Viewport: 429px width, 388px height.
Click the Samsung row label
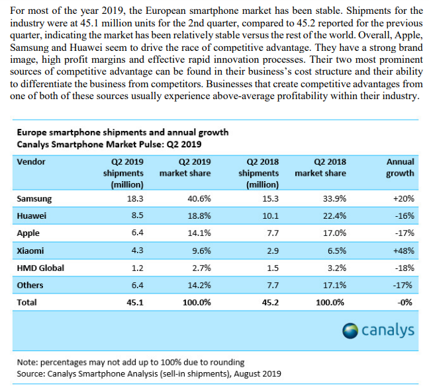tap(34, 198)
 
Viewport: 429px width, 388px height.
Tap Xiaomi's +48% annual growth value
tap(403, 251)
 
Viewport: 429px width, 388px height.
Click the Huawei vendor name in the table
tap(31, 215)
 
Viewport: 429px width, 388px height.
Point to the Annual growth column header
tap(401, 168)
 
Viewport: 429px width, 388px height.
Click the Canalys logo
tap(379, 329)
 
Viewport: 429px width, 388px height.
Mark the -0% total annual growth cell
tap(405, 303)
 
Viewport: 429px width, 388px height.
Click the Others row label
tap(30, 286)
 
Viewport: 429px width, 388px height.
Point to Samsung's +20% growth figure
tap(403, 198)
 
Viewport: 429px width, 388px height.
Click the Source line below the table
tap(149, 374)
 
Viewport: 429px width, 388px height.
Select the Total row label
tap(28, 303)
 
